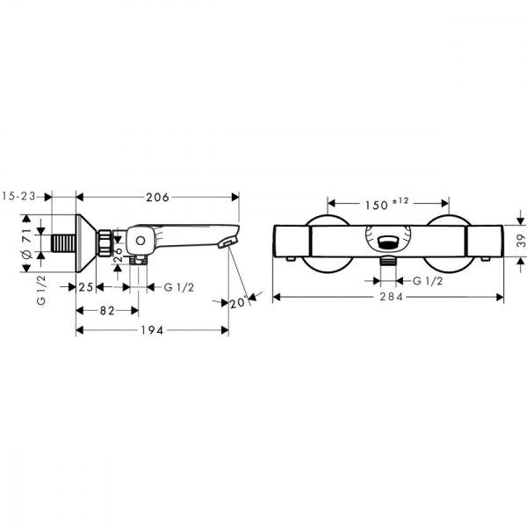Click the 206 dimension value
coord(155,197)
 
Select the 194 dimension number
coord(154,330)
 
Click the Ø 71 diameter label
coord(27,243)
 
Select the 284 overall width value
coord(390,297)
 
